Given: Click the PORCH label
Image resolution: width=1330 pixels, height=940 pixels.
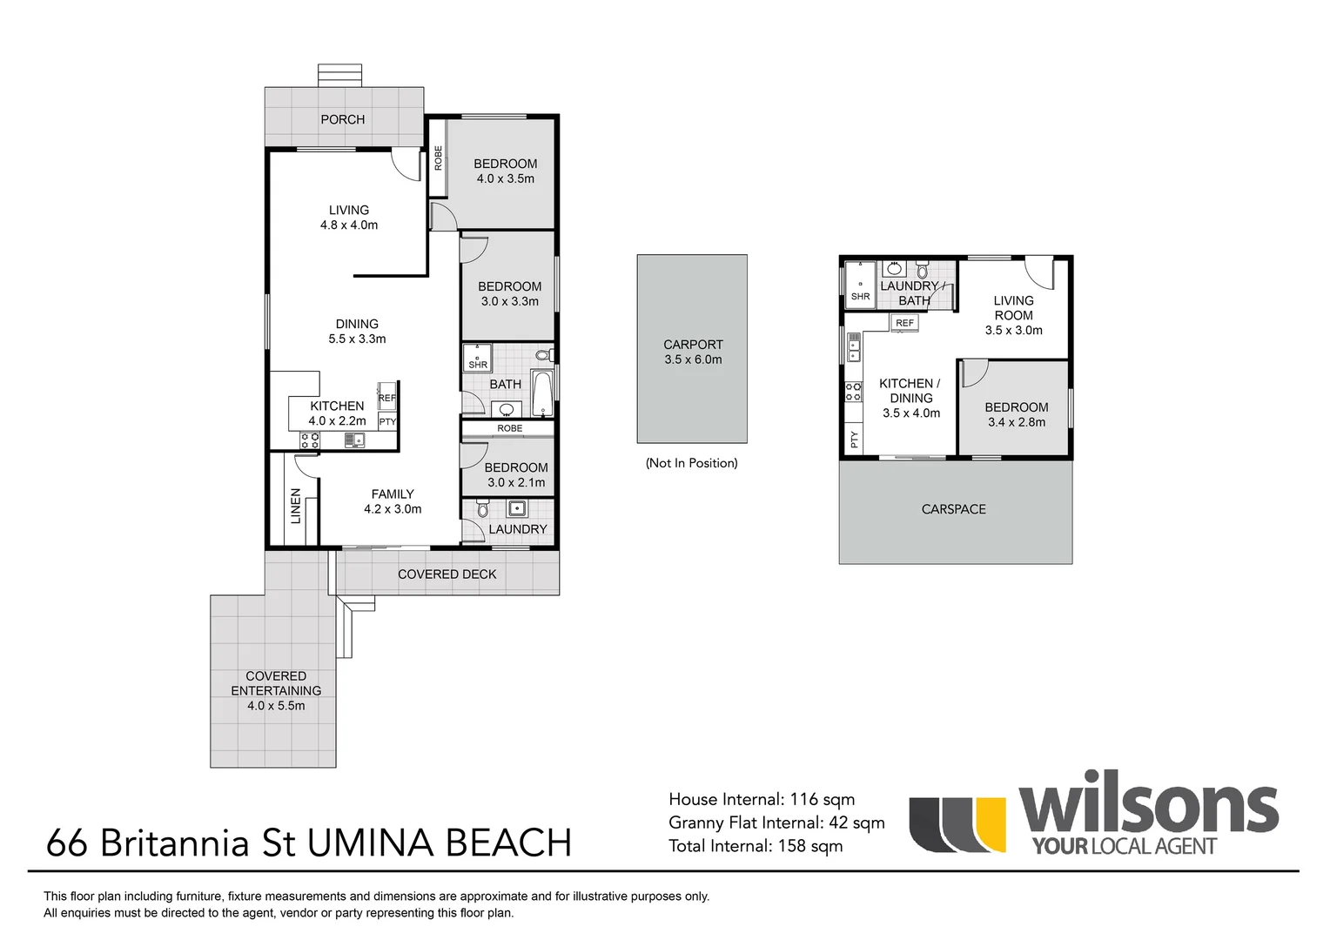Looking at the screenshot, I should click(x=342, y=119).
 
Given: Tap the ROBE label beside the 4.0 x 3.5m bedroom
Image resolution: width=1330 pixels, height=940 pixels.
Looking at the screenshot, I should click(x=438, y=158).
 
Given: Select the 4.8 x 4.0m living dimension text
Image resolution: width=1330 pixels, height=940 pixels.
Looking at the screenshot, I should click(x=349, y=225).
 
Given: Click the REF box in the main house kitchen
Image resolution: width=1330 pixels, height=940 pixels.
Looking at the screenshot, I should click(x=387, y=397).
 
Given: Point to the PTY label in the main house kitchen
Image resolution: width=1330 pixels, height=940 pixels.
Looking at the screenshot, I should click(x=387, y=422).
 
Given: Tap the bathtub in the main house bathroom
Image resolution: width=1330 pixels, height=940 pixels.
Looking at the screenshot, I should click(x=542, y=394).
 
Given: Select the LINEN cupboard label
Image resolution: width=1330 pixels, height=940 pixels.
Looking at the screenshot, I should click(x=296, y=506).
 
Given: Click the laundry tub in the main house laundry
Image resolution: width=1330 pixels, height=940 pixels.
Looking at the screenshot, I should click(x=517, y=508).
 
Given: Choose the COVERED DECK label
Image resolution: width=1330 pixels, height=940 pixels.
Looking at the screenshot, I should click(x=447, y=574).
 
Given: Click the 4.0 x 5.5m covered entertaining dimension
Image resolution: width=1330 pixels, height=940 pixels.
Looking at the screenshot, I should click(x=276, y=706).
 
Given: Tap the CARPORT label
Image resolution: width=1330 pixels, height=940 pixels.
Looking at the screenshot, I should click(x=693, y=345).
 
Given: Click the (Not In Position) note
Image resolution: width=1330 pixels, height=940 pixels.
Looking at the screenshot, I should click(x=691, y=463).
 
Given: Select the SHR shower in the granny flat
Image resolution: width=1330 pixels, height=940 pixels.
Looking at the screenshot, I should click(x=860, y=285).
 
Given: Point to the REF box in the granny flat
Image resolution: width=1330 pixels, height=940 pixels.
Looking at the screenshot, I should click(x=905, y=323).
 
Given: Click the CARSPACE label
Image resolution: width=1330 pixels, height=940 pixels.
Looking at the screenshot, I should click(x=953, y=509).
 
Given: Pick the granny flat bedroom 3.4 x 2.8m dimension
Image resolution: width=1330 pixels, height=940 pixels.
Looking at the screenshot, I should click(x=1017, y=422).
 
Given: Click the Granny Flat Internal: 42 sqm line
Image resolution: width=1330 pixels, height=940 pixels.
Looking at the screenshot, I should click(x=776, y=822).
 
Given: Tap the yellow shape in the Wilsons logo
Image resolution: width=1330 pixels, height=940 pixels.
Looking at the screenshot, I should click(x=990, y=823).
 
